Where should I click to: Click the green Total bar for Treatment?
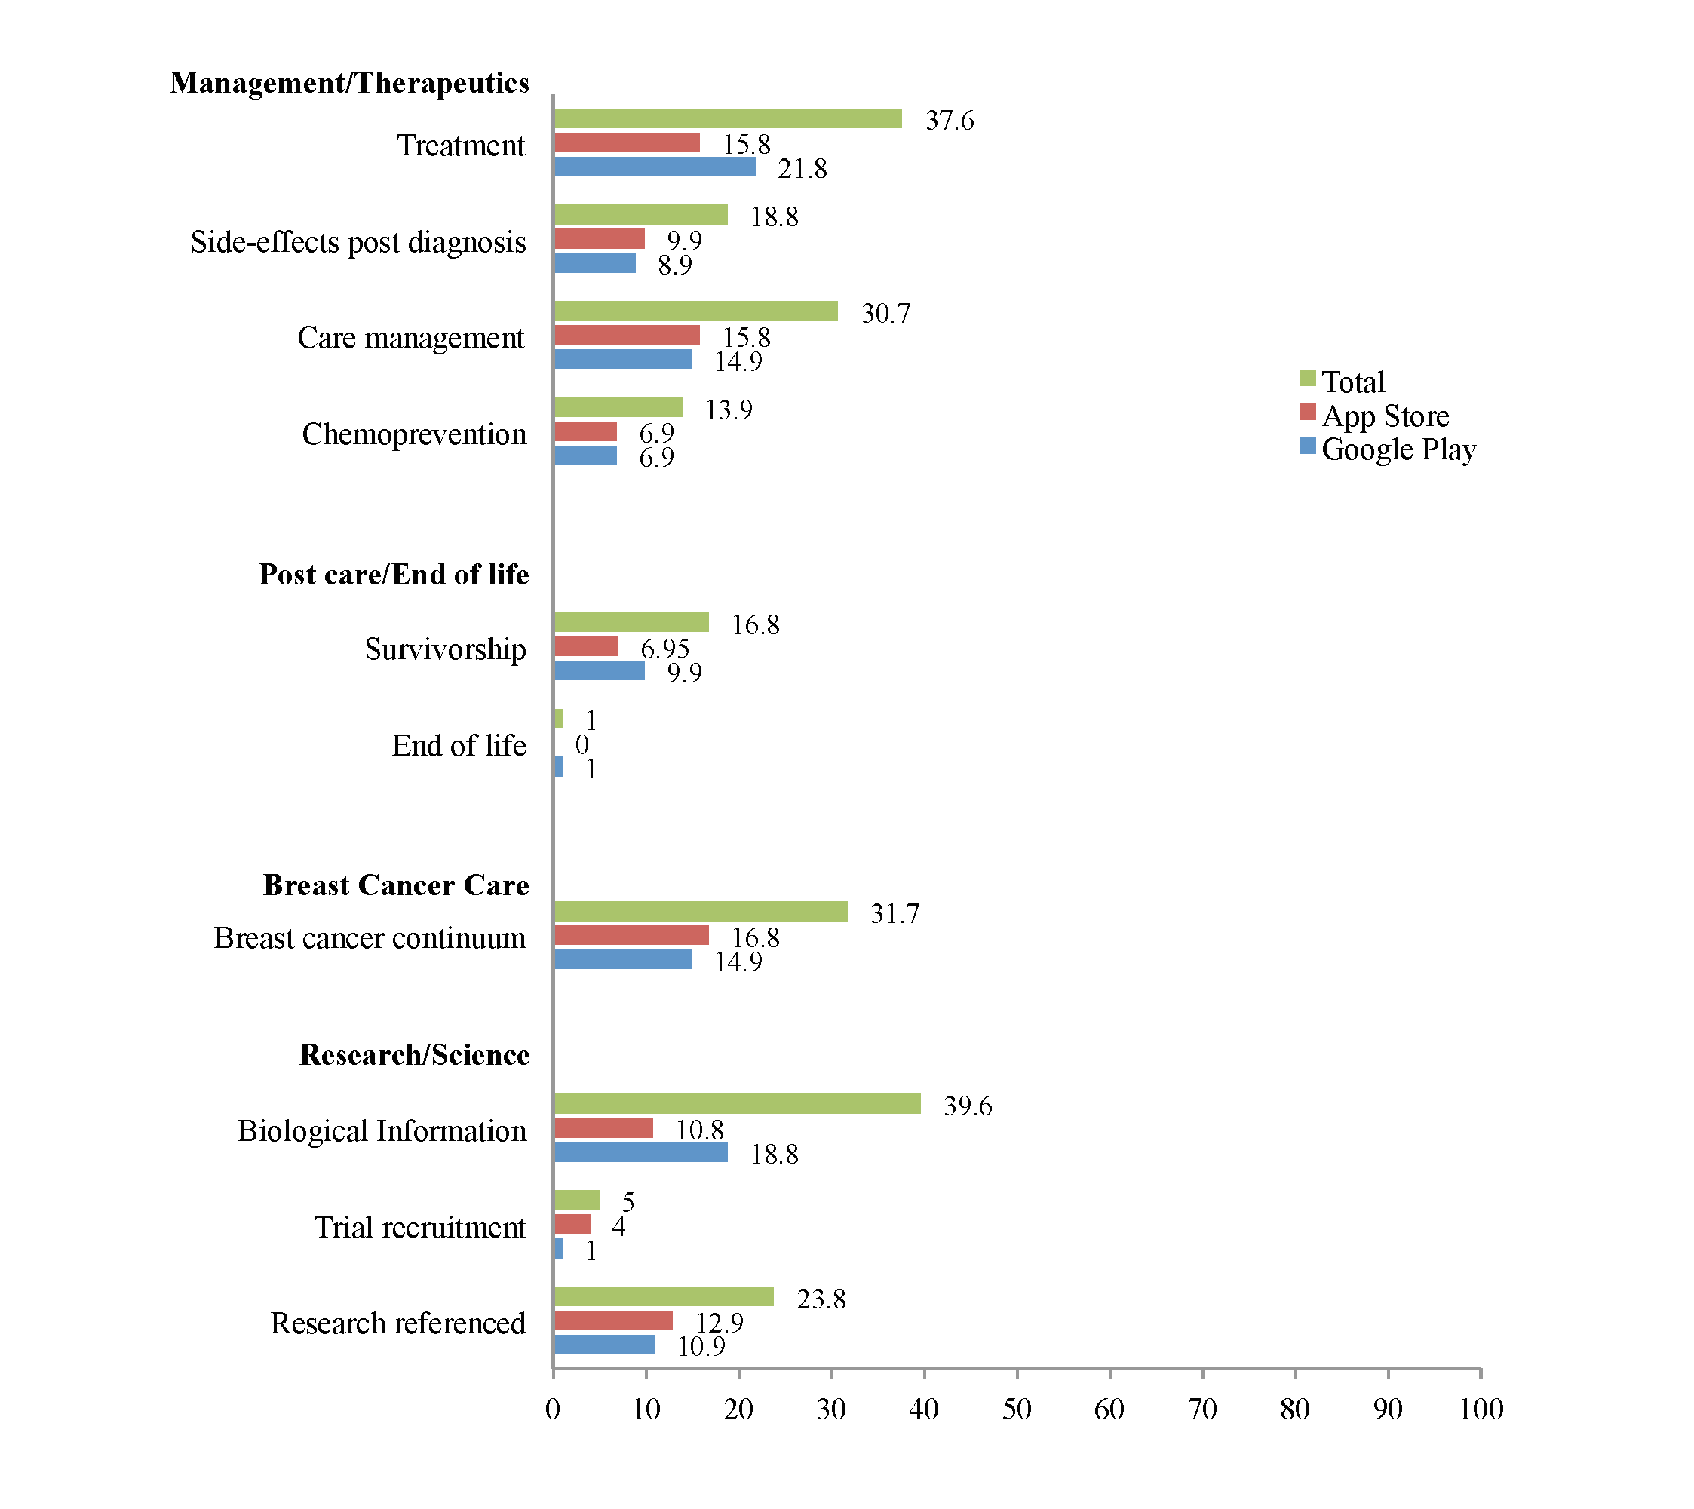point(728,118)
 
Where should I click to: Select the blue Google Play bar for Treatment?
point(655,167)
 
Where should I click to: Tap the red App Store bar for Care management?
point(627,335)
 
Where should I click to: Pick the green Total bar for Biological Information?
point(737,1104)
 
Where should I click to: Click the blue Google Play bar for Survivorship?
point(600,670)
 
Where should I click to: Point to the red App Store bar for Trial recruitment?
point(572,1225)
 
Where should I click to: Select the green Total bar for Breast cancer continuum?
point(701,912)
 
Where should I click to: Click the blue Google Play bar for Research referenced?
point(604,1345)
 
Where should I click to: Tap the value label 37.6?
point(950,121)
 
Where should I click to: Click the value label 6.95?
point(665,649)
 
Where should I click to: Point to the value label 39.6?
point(968,1106)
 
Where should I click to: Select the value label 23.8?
point(821,1299)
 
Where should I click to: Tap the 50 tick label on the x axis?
point(1017,1409)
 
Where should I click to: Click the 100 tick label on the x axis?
point(1481,1409)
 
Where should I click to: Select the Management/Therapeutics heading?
point(349,83)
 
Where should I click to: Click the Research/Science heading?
point(415,1055)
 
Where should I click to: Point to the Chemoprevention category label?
point(414,434)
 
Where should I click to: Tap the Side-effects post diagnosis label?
point(358,242)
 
